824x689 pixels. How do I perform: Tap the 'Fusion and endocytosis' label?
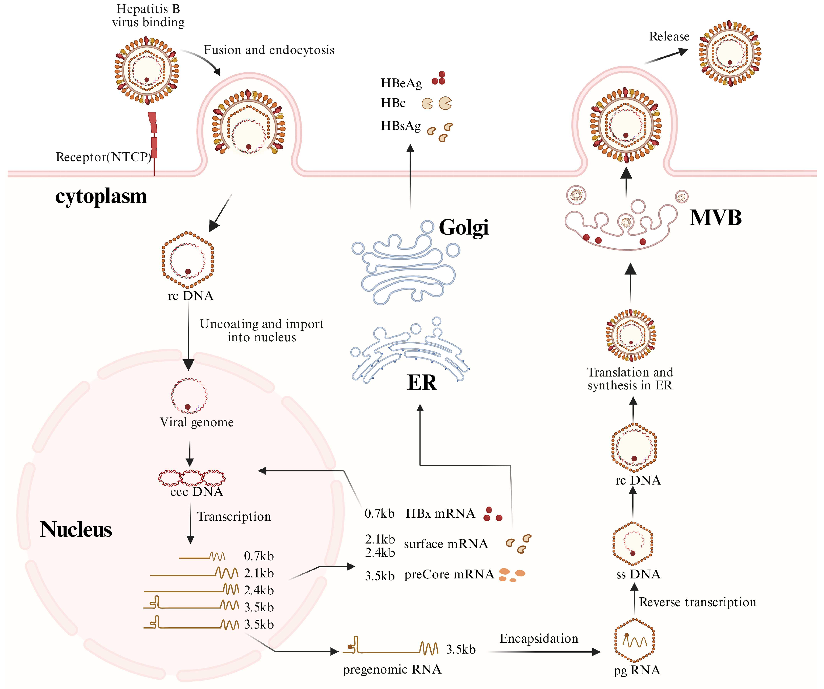click(x=269, y=50)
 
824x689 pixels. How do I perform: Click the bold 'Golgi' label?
click(x=463, y=227)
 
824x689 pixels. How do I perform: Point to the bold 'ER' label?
click(x=422, y=383)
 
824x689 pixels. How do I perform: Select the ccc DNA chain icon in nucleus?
click(x=192, y=477)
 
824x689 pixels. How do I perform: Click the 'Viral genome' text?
click(x=197, y=422)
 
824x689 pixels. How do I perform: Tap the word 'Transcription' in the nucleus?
click(x=234, y=517)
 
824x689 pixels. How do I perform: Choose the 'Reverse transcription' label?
click(x=697, y=602)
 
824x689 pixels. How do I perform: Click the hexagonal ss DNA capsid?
click(x=632, y=544)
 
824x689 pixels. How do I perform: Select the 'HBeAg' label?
click(x=401, y=83)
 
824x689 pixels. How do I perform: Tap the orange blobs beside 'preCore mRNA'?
click(x=511, y=574)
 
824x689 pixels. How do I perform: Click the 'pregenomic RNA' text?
click(x=392, y=669)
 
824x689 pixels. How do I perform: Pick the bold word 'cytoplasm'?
click(x=101, y=196)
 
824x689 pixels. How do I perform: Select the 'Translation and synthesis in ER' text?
click(x=630, y=379)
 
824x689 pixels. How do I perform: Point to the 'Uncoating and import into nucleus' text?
click(x=261, y=330)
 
